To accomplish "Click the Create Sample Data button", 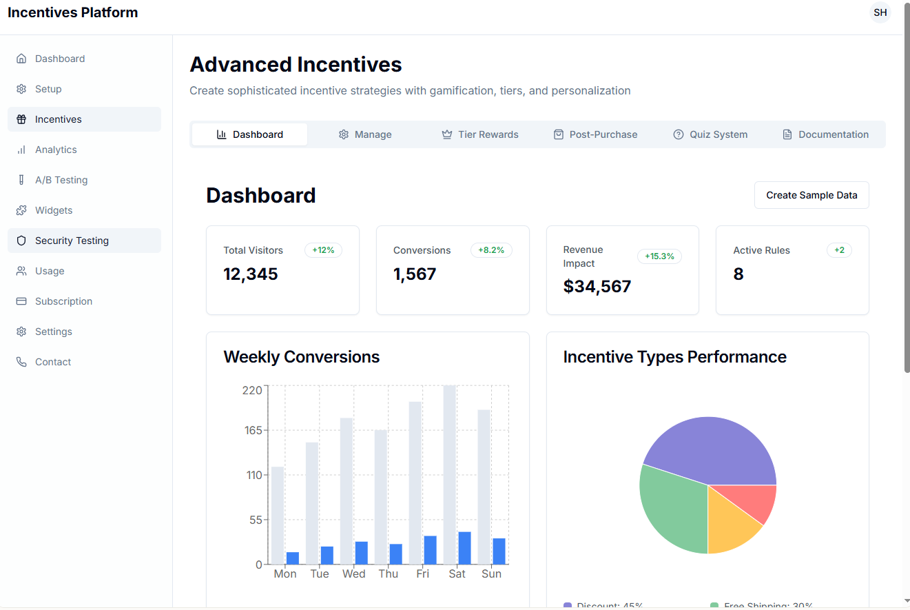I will click(811, 195).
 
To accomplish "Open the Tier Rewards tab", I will click(480, 134).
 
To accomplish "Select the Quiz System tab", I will click(710, 134).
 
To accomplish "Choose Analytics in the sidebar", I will click(56, 150).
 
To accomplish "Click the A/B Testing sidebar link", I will click(61, 180).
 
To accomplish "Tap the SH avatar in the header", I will click(880, 12).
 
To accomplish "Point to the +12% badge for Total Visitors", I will click(323, 250).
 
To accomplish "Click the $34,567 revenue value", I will click(597, 286).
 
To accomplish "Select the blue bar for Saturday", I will click(464, 548).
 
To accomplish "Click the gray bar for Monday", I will click(278, 516).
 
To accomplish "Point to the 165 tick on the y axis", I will click(252, 431).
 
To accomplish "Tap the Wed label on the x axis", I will click(353, 574).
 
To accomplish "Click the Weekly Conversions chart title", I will click(302, 357).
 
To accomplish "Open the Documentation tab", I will click(825, 134).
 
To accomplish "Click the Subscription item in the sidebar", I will click(63, 301).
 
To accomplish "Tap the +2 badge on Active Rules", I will click(839, 250).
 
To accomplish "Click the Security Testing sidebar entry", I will click(72, 241).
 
